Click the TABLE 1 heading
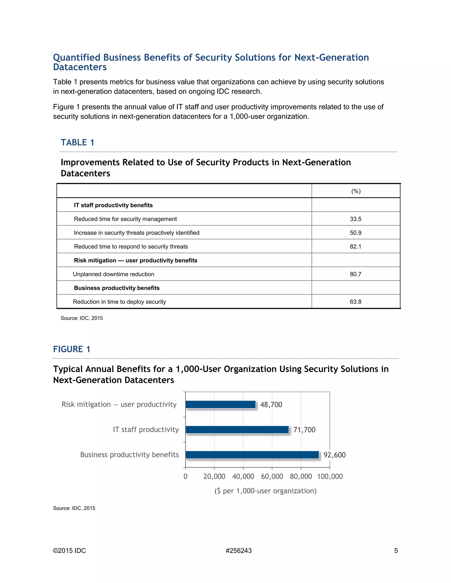coord(77,142)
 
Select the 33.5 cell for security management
coord(355,219)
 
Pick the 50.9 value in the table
coord(355,233)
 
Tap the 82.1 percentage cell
coord(355,247)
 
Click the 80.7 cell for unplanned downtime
coord(355,274)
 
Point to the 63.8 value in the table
coord(355,302)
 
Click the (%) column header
coord(356,191)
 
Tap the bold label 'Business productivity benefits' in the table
coord(116,288)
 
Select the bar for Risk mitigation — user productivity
coord(220,404)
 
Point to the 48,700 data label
coord(271,405)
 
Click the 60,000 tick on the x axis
coord(272,477)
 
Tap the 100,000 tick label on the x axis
coord(330,477)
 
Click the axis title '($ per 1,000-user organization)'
coord(265,491)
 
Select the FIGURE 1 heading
coord(72,349)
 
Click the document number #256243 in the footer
coord(238,551)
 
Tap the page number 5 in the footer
coord(396,551)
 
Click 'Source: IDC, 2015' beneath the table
coord(82,318)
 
